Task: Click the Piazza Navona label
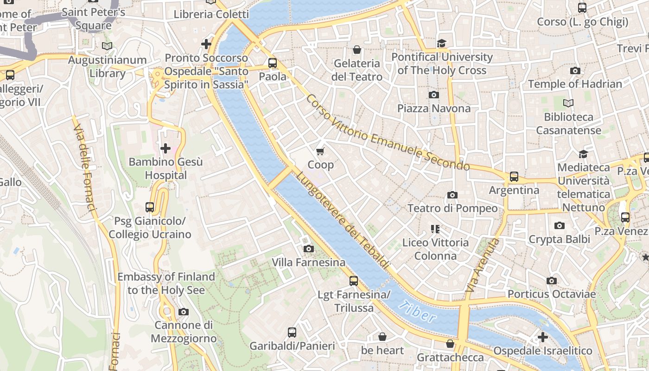[x=433, y=109]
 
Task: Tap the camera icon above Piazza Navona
[x=434, y=95]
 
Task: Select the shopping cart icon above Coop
[x=320, y=151]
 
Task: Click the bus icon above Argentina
[x=514, y=177]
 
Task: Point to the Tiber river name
[x=417, y=311]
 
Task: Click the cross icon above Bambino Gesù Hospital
[x=165, y=148]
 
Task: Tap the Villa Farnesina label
[x=308, y=262]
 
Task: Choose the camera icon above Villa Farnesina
[x=309, y=249]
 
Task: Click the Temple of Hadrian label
[x=575, y=84]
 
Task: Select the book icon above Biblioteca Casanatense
[x=568, y=103]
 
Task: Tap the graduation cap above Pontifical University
[x=441, y=44]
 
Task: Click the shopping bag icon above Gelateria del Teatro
[x=357, y=50]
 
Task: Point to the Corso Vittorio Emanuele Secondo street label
[x=388, y=133]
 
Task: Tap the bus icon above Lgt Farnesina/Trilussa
[x=354, y=281]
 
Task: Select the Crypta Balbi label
[x=559, y=239]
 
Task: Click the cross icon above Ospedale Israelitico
[x=542, y=337]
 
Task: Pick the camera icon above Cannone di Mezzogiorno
[x=184, y=312]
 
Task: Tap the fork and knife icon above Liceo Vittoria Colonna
[x=435, y=229]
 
